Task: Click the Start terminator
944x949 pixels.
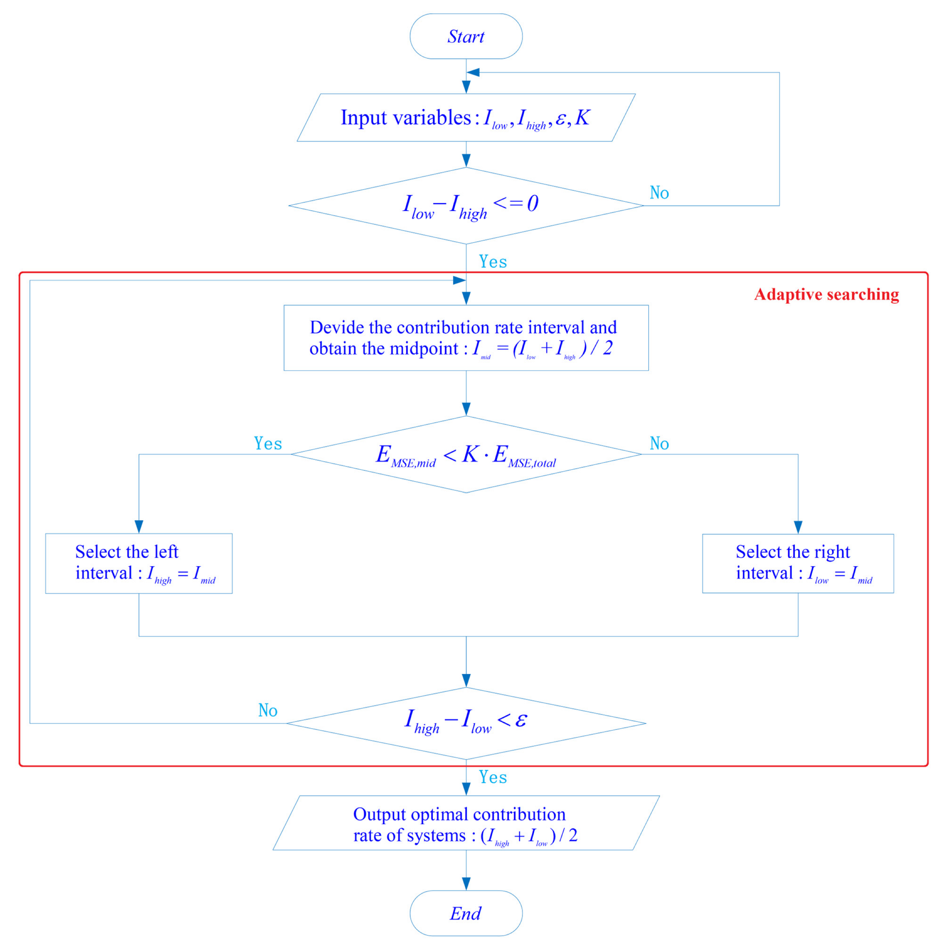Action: (x=466, y=36)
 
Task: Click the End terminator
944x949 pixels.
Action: (x=466, y=913)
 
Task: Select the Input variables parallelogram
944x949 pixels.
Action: (x=466, y=118)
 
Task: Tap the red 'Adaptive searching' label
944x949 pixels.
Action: (x=826, y=294)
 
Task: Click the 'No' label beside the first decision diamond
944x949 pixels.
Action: (x=659, y=192)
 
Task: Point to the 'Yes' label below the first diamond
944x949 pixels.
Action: (x=493, y=262)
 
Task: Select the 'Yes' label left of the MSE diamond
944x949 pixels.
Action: (x=268, y=444)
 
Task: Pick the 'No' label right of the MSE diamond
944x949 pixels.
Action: (x=659, y=444)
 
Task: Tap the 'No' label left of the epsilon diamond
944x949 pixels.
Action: (x=268, y=710)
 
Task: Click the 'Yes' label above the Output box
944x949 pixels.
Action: (x=493, y=777)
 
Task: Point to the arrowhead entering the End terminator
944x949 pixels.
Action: (x=466, y=884)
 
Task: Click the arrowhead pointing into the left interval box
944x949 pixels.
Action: (x=139, y=527)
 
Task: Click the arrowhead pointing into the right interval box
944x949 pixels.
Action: (x=798, y=527)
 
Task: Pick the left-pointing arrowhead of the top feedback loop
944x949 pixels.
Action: (x=473, y=73)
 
